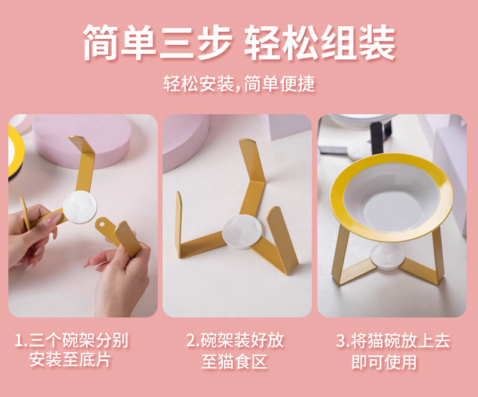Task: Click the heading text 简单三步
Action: coord(158,42)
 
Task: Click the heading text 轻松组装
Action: coord(320,42)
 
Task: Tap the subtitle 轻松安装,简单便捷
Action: coord(239,84)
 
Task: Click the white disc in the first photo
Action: coord(80,207)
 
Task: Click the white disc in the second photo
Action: coord(242,231)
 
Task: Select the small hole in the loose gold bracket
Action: coord(102,224)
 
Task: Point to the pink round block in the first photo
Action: coord(82,141)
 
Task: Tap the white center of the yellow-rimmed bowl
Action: coord(392,198)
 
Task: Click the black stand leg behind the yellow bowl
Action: coord(379,138)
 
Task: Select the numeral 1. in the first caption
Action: coord(21,341)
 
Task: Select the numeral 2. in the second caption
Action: coord(192,341)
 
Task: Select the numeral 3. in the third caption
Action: coord(342,341)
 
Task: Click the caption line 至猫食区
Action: coord(234,361)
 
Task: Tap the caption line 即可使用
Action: coord(384,362)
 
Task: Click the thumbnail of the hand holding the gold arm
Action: coord(83,216)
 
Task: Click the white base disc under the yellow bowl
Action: coord(387,256)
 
